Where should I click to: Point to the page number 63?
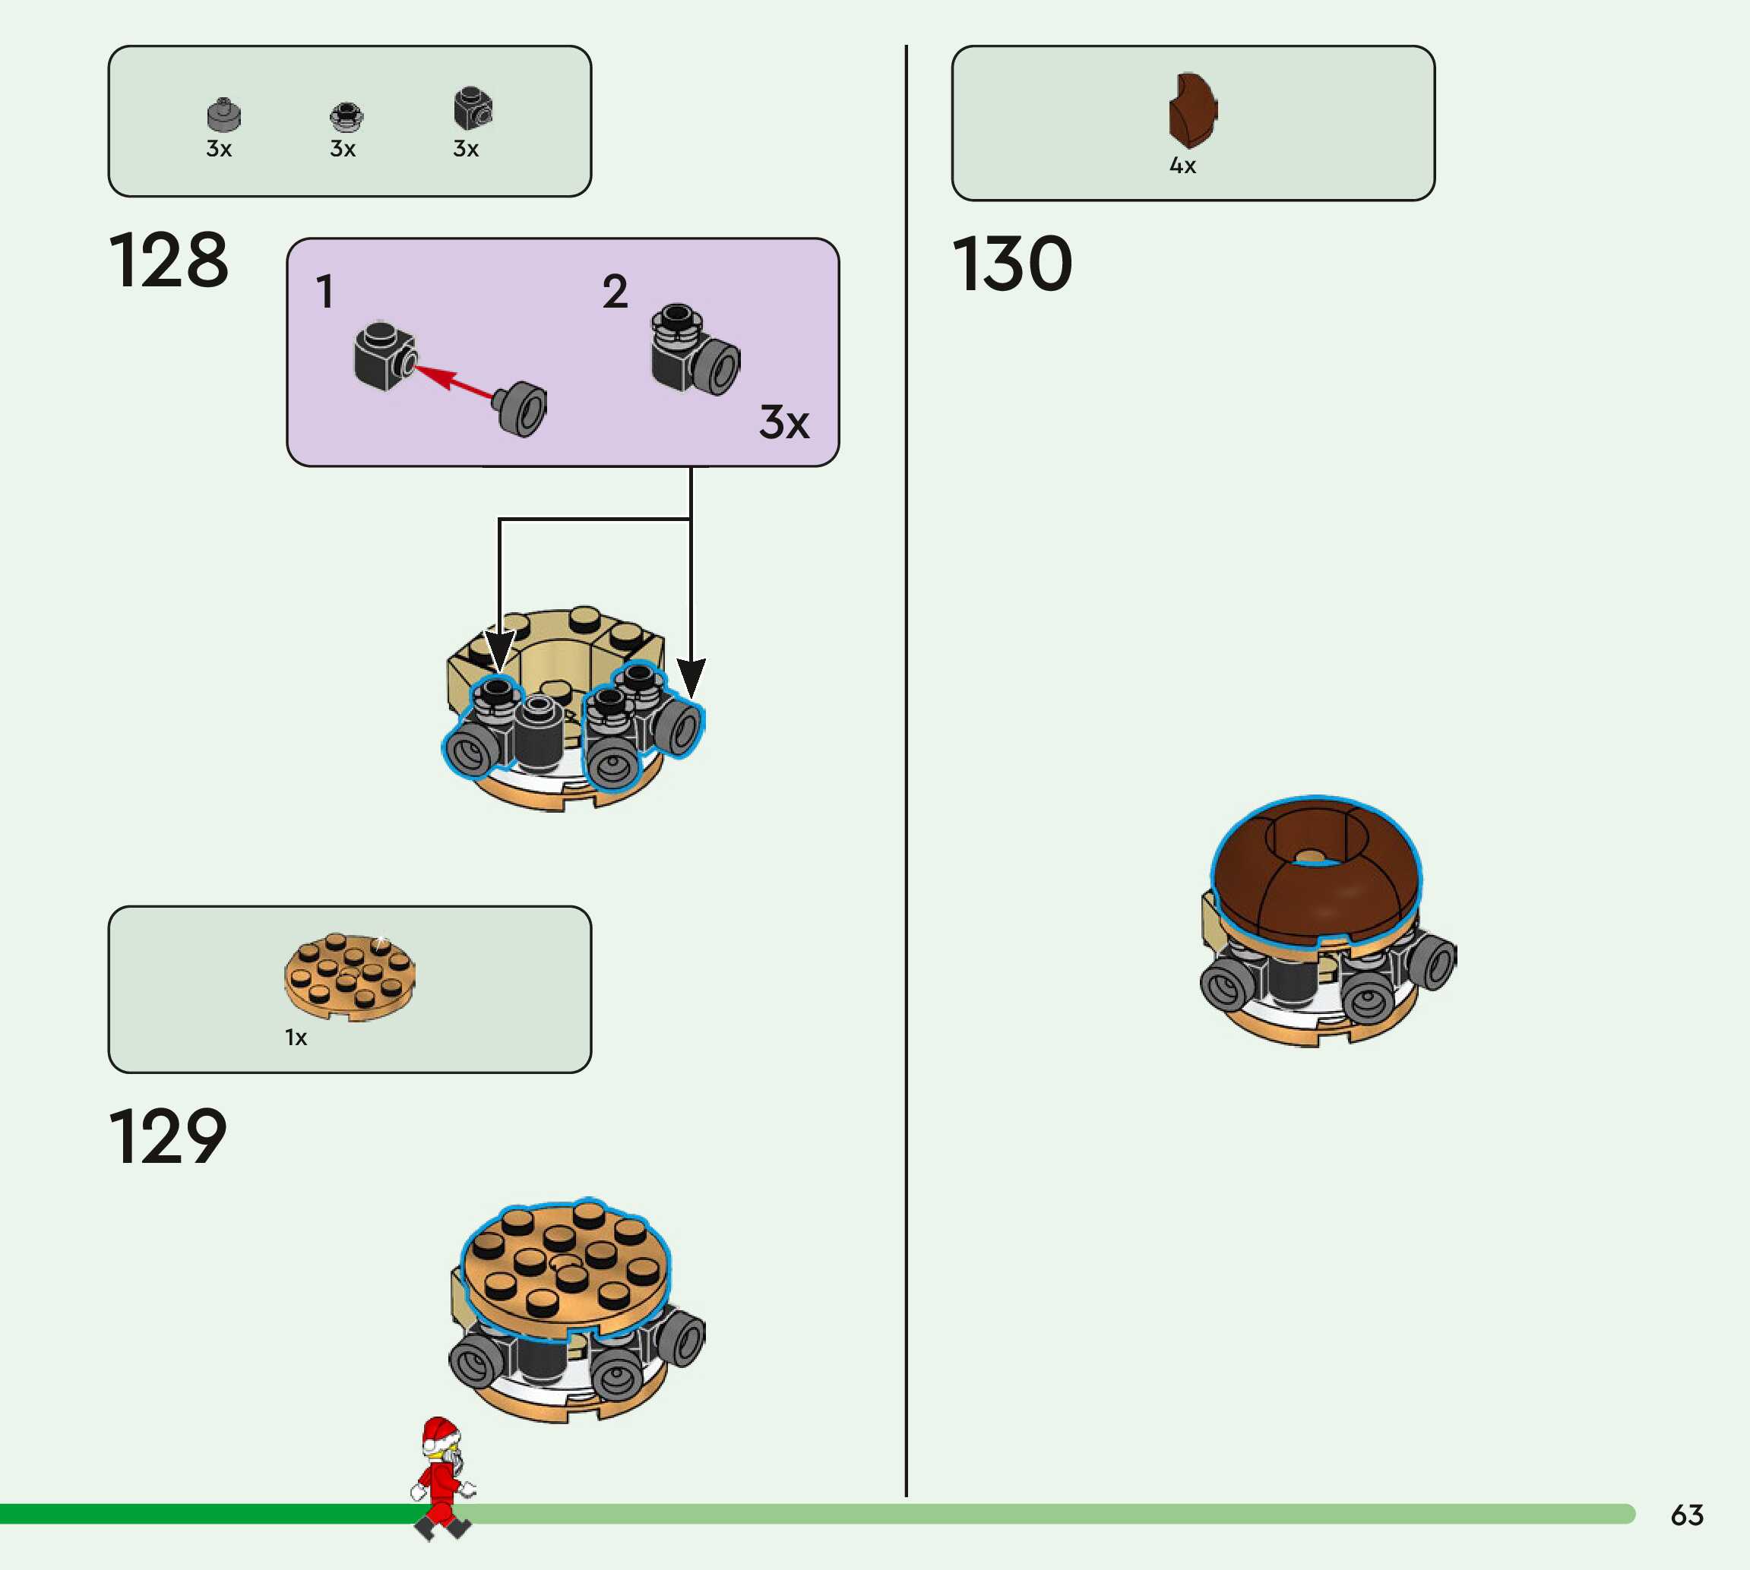pos(1687,1515)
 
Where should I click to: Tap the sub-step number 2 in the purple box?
pos(615,292)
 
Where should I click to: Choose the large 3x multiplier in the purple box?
pos(783,422)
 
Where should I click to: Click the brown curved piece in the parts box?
pos(1192,110)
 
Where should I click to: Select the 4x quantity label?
pos(1182,166)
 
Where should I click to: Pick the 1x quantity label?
pos(296,1038)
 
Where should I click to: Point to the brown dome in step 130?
pos(1315,871)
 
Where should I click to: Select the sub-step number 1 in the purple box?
pos(324,292)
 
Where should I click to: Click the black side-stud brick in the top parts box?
pos(472,108)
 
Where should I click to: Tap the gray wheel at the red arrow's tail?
pos(523,408)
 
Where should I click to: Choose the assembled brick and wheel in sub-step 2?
pos(694,350)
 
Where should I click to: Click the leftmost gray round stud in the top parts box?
pos(223,114)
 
